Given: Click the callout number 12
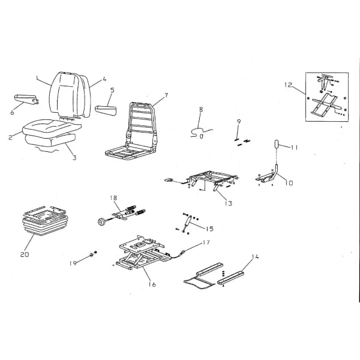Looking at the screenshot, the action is pyautogui.click(x=288, y=85).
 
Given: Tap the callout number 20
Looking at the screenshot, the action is pyautogui.click(x=25, y=254).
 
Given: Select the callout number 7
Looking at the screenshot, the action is pyautogui.click(x=166, y=95).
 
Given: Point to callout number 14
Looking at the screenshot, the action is pyautogui.click(x=256, y=256).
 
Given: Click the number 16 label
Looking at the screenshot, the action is pyautogui.click(x=152, y=284).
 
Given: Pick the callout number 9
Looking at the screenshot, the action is pyautogui.click(x=239, y=121).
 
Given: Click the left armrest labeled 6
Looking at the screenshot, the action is pyautogui.click(x=26, y=99).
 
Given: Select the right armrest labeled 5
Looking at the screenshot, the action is pyautogui.click(x=106, y=110).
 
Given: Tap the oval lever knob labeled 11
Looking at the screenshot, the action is pyautogui.click(x=277, y=145).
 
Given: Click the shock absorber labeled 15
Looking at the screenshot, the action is pyautogui.click(x=187, y=223).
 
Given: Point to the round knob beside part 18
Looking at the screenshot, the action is pyautogui.click(x=101, y=222).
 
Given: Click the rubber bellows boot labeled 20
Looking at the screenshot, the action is pyautogui.click(x=45, y=221).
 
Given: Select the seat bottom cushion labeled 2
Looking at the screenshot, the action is pyautogui.click(x=52, y=128).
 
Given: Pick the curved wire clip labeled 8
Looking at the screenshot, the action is pyautogui.click(x=200, y=133).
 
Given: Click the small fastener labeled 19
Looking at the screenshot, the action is pyautogui.click(x=92, y=254).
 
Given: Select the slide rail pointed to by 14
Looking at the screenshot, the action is pyautogui.click(x=230, y=278).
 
